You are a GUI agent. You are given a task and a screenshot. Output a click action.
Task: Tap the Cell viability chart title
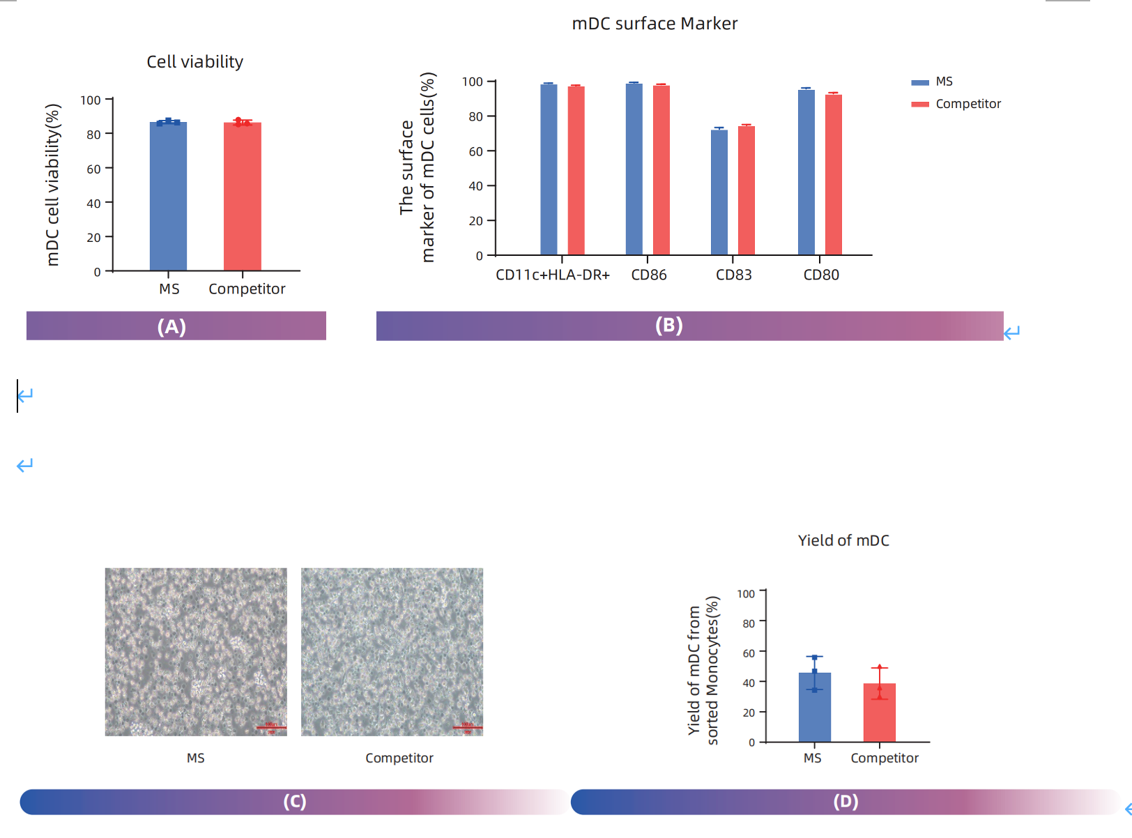[194, 62]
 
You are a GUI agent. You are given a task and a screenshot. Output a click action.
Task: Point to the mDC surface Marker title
[654, 24]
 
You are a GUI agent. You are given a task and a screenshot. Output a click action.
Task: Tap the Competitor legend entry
[967, 104]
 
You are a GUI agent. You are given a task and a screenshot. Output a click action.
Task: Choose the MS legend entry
[943, 82]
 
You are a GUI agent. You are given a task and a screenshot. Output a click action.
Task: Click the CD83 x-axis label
[733, 275]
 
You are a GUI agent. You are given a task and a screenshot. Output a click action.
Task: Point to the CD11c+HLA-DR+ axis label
[552, 275]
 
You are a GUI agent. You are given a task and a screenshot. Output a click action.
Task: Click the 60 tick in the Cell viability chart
[93, 169]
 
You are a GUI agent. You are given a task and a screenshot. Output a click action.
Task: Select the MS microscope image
[196, 652]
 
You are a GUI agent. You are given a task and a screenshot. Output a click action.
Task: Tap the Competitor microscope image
[392, 652]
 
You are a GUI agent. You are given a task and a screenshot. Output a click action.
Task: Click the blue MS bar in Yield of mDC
[814, 708]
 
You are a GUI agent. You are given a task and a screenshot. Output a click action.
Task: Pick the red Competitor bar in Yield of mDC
[879, 713]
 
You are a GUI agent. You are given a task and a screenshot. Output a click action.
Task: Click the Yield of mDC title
[843, 540]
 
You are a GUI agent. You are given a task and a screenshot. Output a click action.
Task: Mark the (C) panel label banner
[294, 802]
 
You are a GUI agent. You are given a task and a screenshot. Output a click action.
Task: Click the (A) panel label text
[171, 326]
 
